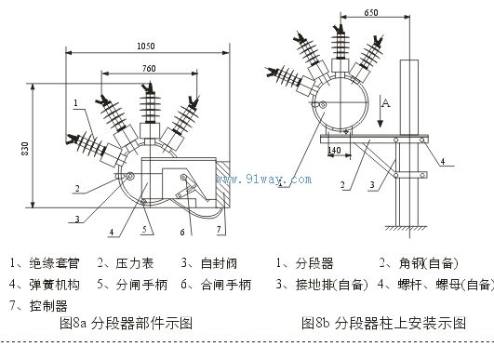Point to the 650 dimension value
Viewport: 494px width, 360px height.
point(370,13)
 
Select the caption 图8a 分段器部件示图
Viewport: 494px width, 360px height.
point(126,326)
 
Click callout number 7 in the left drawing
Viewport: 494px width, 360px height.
point(220,228)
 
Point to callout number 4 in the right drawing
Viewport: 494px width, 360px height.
point(443,162)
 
